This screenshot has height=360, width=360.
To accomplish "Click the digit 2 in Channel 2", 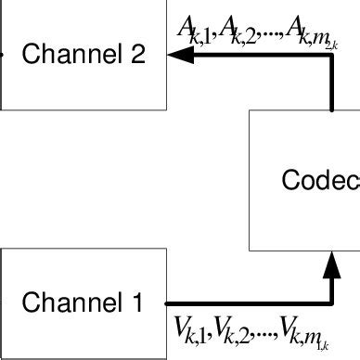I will (x=137, y=54).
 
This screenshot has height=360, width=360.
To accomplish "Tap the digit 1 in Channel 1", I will (x=136, y=302).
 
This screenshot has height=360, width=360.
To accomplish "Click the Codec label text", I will (x=321, y=179).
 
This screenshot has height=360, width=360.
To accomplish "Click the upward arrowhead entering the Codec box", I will (x=332, y=266).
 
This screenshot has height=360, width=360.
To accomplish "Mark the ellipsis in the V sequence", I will (x=267, y=334).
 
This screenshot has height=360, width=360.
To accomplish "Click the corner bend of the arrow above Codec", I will (x=332, y=56).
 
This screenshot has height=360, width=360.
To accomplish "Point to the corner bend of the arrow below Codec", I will (x=332, y=302).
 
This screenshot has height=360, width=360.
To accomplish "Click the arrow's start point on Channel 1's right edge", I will (x=168, y=302).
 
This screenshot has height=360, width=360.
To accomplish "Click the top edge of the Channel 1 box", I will (x=84, y=249).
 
